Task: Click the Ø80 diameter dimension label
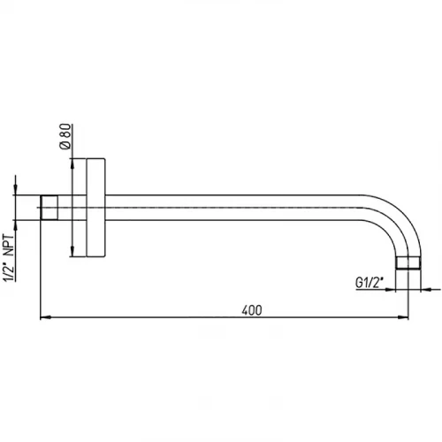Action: [x=65, y=137]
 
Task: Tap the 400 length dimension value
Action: [x=252, y=310]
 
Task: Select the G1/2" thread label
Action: [x=370, y=283]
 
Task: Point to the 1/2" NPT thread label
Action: [x=8, y=258]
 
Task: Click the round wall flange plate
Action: [x=95, y=208]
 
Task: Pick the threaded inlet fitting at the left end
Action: [x=50, y=208]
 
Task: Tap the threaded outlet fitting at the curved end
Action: [x=408, y=263]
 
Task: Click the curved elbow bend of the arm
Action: [x=398, y=219]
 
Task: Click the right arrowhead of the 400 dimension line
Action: [x=403, y=317]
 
